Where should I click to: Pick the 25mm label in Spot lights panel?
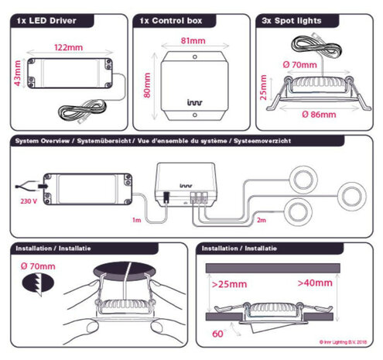pyautogui.click(x=263, y=87)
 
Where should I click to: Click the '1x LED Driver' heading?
pyautogui.click(x=48, y=21)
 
